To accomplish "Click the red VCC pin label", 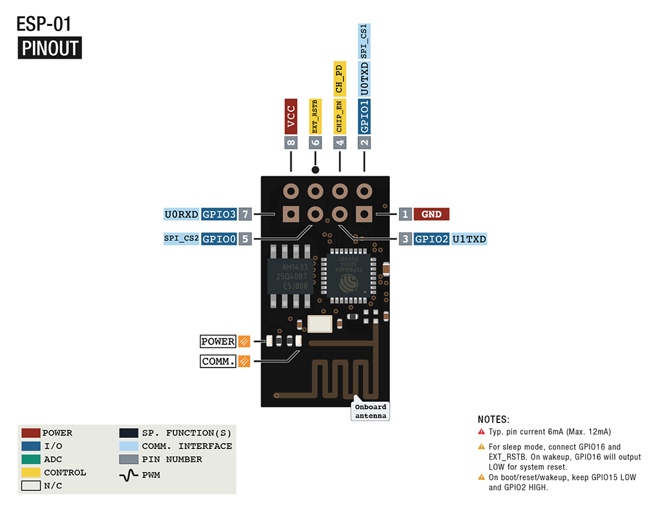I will [291, 116].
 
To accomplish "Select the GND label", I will [431, 214].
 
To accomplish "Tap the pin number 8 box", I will [291, 143].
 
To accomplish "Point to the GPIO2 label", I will [431, 239].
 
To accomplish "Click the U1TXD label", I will [469, 239].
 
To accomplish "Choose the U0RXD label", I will [181, 214].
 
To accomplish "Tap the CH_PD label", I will [339, 78].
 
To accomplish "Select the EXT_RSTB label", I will [315, 116].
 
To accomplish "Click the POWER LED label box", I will [218, 342].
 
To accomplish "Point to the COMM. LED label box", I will [218, 361].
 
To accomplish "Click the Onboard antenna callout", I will [371, 412].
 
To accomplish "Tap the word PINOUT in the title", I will [50, 48].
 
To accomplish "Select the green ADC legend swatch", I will [30, 459].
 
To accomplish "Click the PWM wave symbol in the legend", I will [129, 475].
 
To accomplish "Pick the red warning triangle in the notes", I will [481, 432].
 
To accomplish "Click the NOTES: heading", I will [493, 419].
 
